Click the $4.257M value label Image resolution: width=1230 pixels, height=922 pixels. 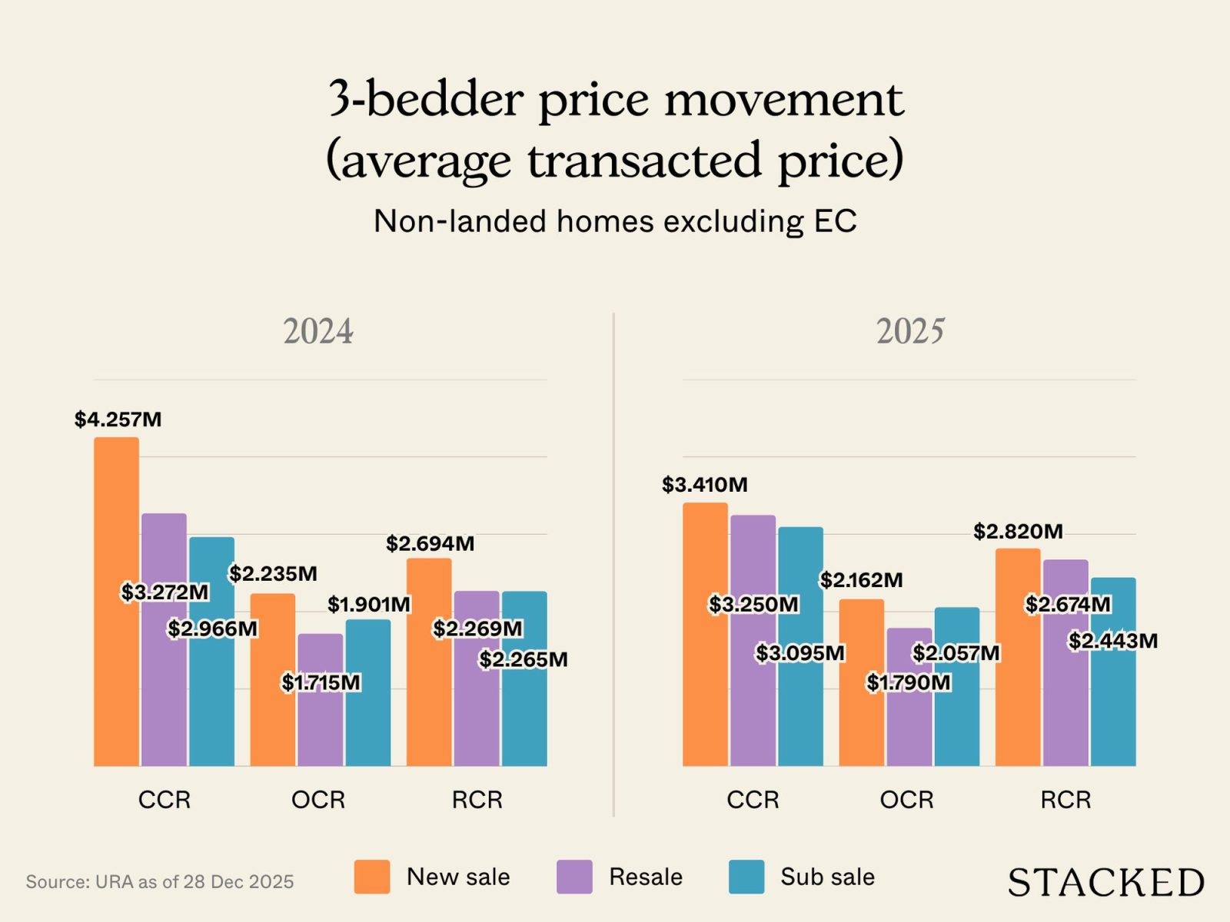(118, 420)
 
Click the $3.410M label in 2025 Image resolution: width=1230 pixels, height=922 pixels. (704, 485)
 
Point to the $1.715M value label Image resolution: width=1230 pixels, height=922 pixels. (321, 682)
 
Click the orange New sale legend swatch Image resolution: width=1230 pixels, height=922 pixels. (371, 877)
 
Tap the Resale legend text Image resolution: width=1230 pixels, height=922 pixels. (645, 877)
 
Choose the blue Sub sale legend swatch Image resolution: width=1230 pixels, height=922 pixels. (746, 877)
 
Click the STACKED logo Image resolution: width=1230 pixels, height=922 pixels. (1105, 882)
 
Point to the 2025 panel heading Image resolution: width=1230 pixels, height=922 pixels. (910, 331)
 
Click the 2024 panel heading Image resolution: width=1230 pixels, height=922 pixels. (318, 331)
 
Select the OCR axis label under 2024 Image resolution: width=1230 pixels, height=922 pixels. (318, 800)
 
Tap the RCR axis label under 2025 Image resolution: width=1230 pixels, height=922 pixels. (1065, 800)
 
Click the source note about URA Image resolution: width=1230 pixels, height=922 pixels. (160, 881)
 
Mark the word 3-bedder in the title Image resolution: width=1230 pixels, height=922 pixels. (426, 99)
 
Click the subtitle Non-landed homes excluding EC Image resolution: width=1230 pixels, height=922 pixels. (615, 221)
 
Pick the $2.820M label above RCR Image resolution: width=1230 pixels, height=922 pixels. (1018, 532)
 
